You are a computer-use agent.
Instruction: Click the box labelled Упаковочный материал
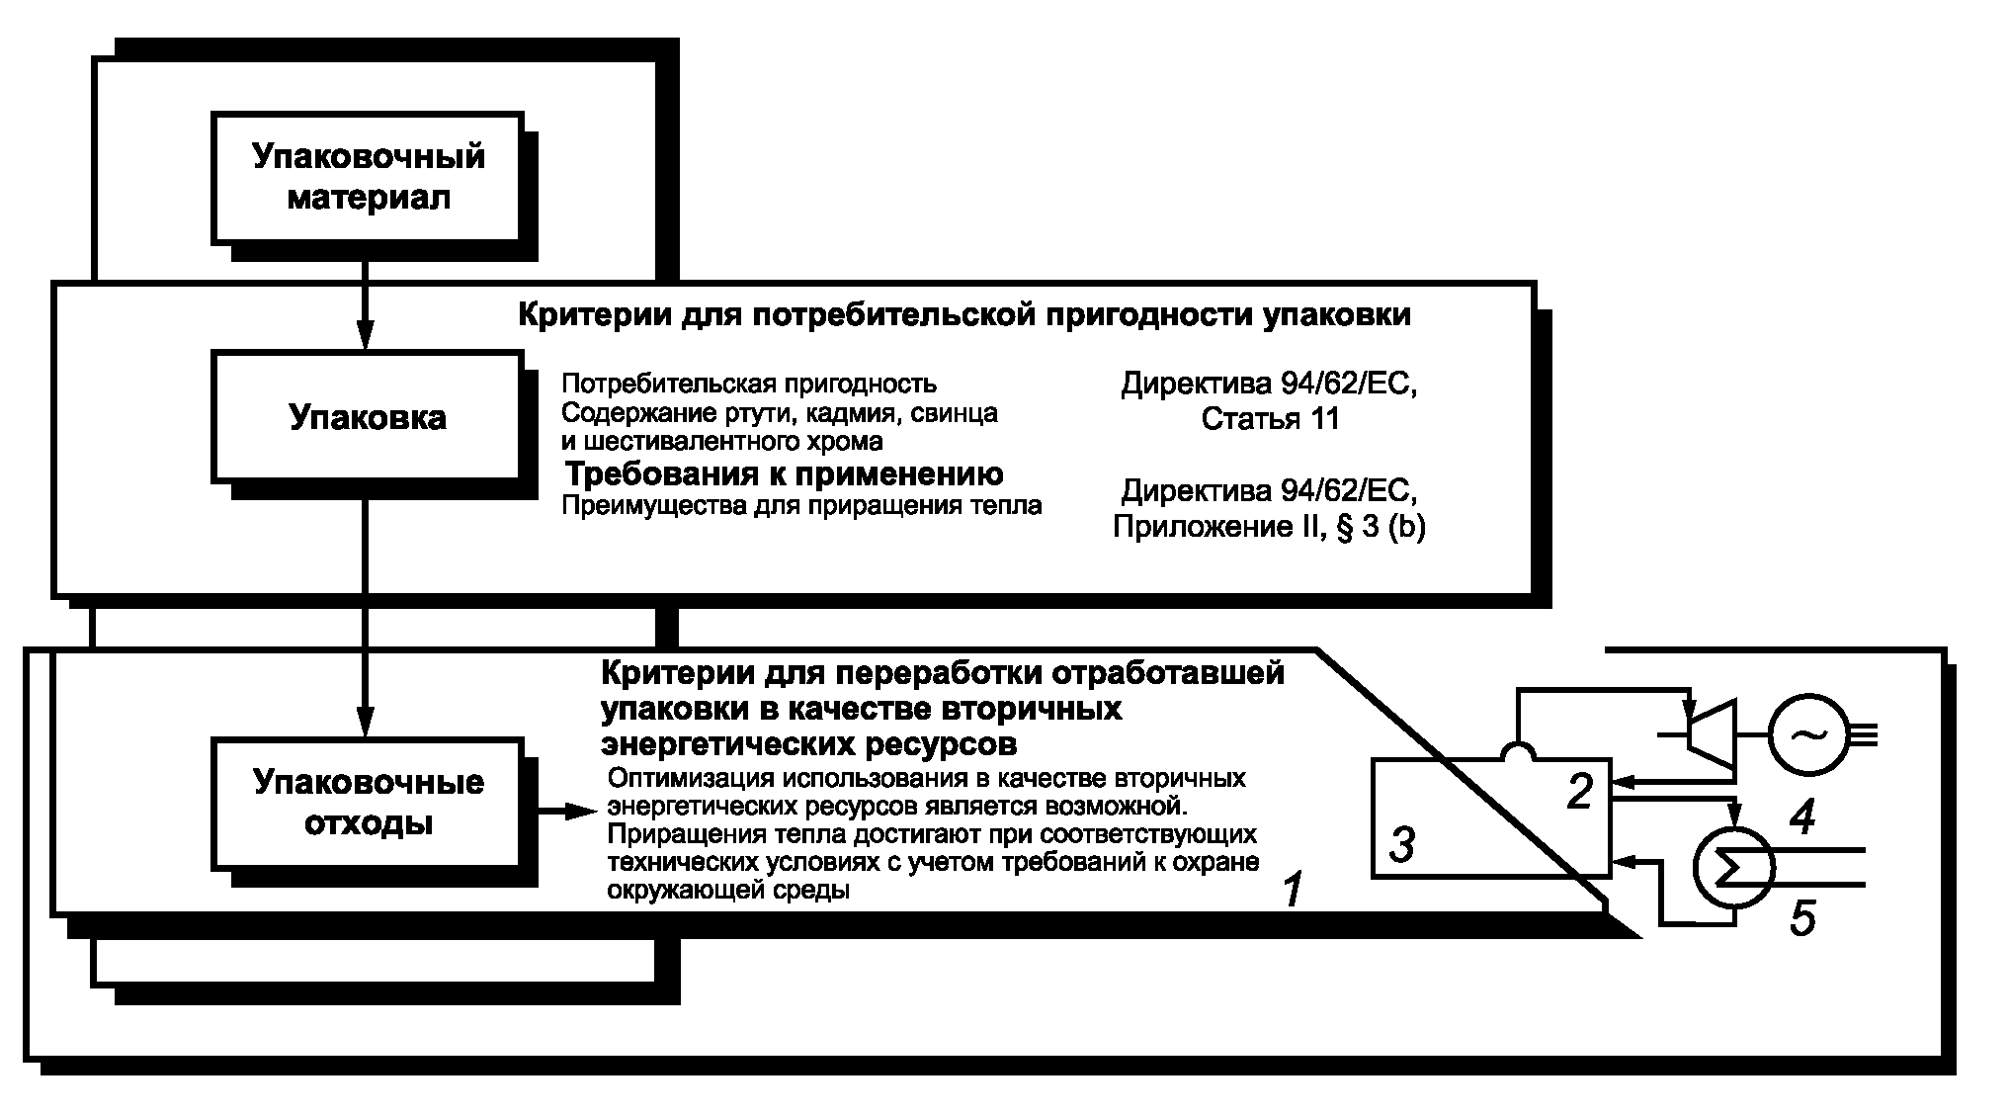tap(367, 177)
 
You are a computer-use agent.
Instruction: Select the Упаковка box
tap(367, 416)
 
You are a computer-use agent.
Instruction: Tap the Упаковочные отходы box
tap(367, 802)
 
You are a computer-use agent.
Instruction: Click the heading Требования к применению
tap(784, 474)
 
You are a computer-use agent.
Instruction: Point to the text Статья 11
tap(1270, 419)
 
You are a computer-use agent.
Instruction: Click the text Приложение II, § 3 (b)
tap(1269, 527)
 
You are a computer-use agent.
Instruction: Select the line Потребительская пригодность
tap(749, 384)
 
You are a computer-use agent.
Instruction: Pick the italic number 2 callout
tap(1581, 792)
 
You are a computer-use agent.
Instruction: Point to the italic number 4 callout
tap(1803, 816)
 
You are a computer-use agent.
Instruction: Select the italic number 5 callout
tap(1803, 919)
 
